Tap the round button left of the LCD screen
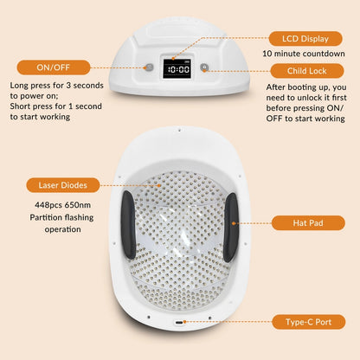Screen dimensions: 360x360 tap(148, 67)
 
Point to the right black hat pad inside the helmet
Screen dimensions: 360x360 tap(230, 227)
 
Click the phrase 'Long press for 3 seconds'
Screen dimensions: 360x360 tap(58, 86)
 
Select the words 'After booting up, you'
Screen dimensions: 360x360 tap(305, 87)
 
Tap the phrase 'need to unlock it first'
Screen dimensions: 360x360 tap(305, 100)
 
